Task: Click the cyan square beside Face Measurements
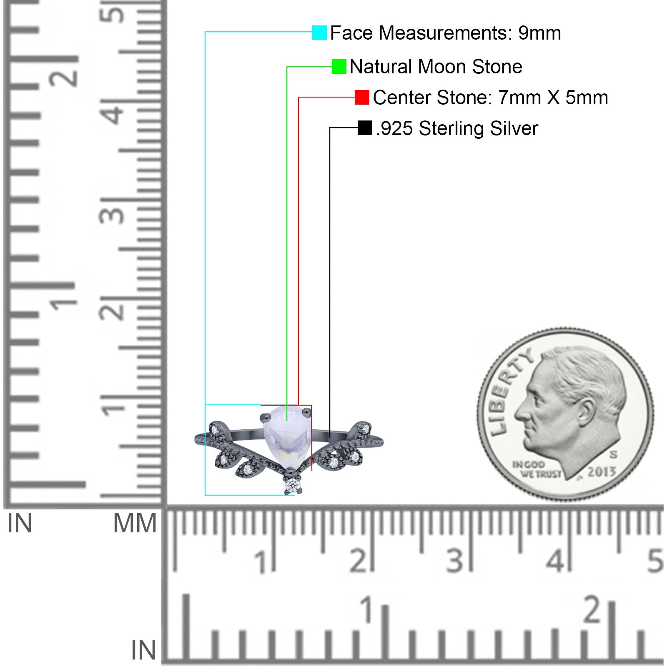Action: click(319, 33)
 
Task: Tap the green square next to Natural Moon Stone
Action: click(339, 67)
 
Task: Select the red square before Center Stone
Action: click(362, 98)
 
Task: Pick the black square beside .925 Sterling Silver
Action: click(365, 128)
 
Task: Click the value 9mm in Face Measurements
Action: click(539, 33)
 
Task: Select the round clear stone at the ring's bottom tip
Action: click(292, 485)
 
